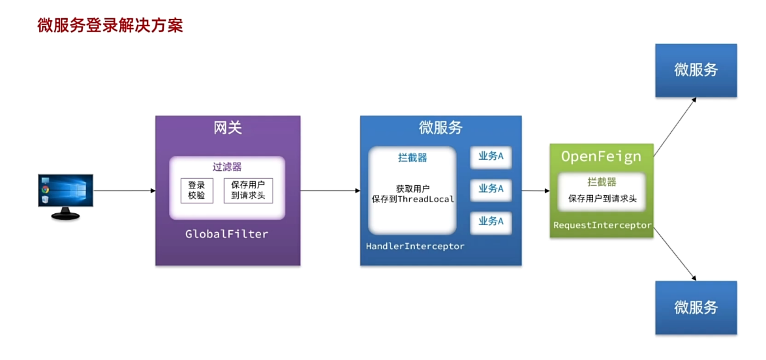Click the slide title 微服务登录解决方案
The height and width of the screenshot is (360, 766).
click(x=110, y=25)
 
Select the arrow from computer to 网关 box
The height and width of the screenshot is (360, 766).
click(x=124, y=191)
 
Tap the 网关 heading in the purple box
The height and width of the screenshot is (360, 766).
click(x=228, y=128)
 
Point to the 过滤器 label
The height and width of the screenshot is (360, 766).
click(x=227, y=167)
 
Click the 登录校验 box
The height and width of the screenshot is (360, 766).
click(x=196, y=190)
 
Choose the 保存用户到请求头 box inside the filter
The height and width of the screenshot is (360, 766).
click(x=248, y=190)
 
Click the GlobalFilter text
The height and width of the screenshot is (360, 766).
click(x=227, y=233)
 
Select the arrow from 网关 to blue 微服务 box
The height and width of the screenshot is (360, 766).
click(x=329, y=191)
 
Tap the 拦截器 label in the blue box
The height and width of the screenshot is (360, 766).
click(x=412, y=157)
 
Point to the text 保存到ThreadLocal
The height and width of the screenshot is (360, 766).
click(x=412, y=199)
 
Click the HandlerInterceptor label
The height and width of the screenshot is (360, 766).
click(x=415, y=246)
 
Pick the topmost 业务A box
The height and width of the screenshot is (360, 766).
click(x=491, y=157)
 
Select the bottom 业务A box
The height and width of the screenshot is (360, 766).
click(x=491, y=222)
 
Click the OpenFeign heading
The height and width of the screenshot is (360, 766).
click(x=601, y=157)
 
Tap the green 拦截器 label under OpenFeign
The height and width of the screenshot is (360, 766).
click(x=602, y=182)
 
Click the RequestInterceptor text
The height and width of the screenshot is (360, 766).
click(x=602, y=225)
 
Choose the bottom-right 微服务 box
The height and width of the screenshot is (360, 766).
click(x=696, y=307)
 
